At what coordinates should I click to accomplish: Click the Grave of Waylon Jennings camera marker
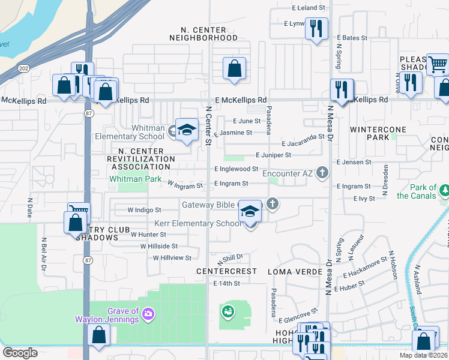(x=148, y=313)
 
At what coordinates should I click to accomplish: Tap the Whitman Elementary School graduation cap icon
(x=187, y=130)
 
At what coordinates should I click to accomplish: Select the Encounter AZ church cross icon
(x=322, y=173)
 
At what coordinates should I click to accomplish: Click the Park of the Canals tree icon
(x=445, y=191)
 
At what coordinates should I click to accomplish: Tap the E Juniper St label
(x=273, y=155)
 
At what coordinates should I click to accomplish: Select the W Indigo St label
(x=145, y=210)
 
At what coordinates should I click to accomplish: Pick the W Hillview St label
(x=172, y=257)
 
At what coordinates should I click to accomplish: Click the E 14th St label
(x=226, y=283)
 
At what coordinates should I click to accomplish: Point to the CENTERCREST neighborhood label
(x=227, y=271)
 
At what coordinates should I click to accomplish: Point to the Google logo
(x=20, y=353)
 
